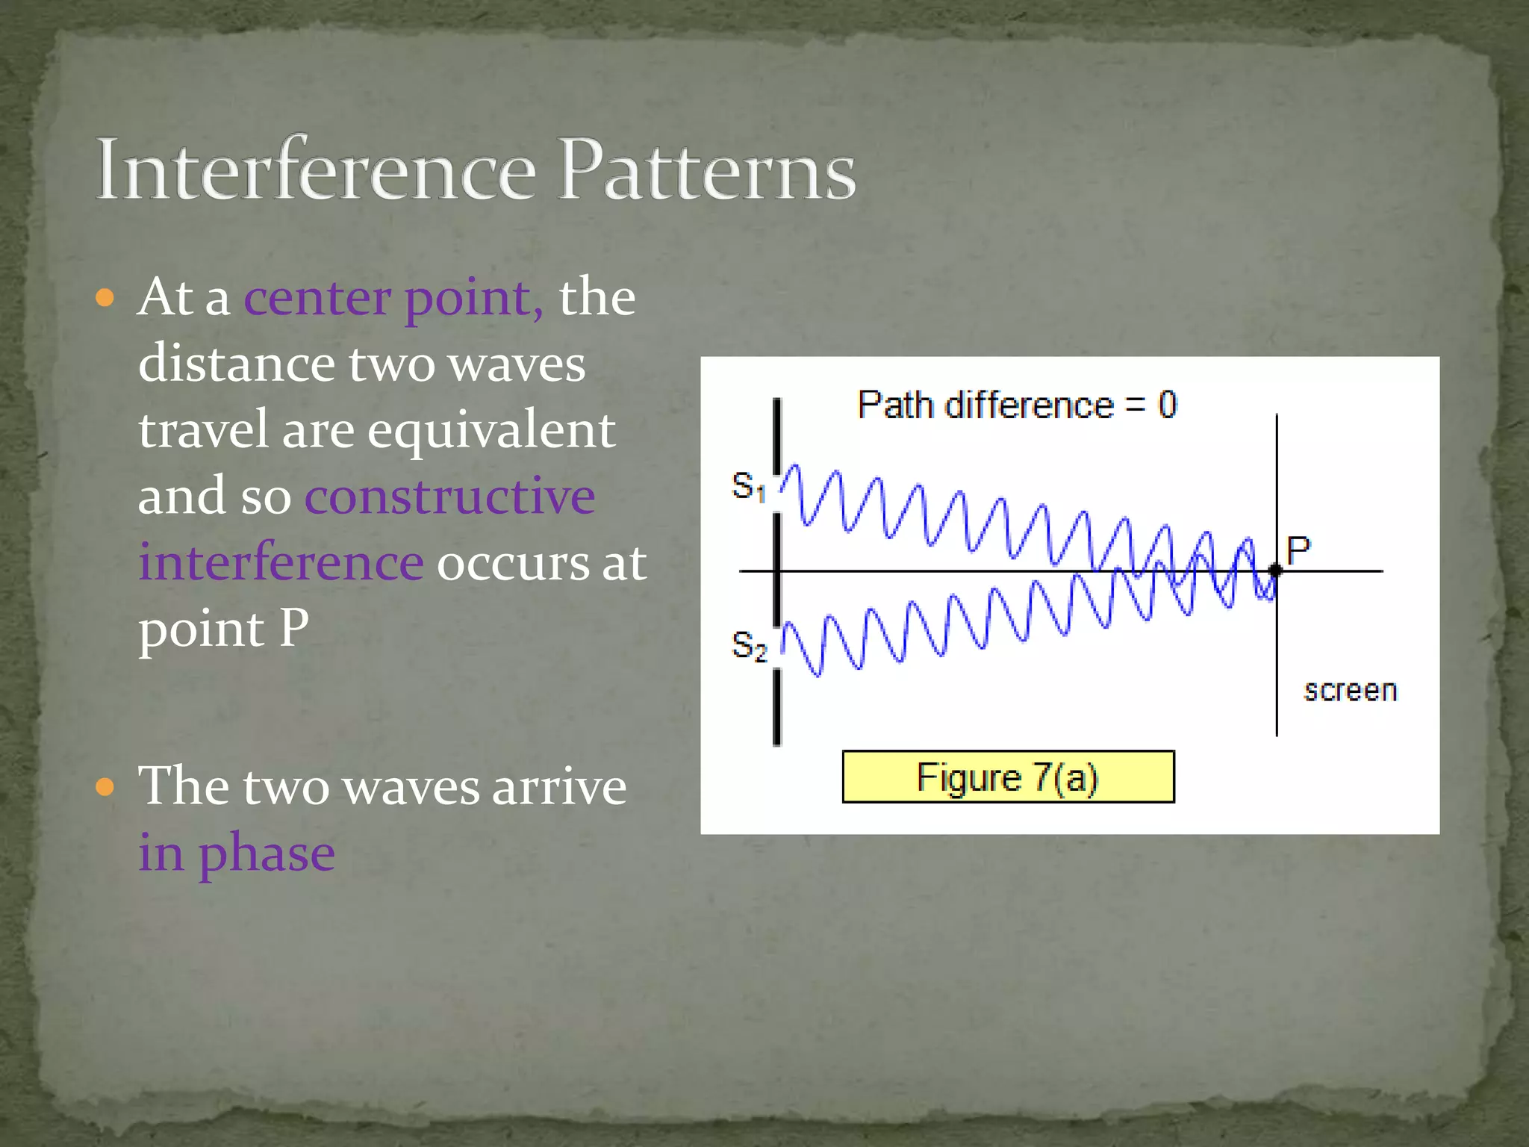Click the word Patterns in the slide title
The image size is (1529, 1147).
click(706, 170)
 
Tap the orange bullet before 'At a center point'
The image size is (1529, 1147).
click(105, 299)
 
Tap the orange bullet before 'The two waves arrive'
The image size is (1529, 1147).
click(105, 787)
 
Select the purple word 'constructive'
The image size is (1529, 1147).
click(449, 497)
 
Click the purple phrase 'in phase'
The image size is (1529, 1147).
click(237, 854)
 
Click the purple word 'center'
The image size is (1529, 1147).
click(317, 299)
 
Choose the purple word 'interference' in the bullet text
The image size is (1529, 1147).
click(281, 562)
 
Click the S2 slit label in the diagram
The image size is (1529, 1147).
click(749, 646)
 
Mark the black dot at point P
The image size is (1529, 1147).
click(1276, 571)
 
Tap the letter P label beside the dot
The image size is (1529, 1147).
click(1298, 551)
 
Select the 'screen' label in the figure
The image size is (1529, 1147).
click(1350, 691)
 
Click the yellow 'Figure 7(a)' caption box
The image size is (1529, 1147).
click(1008, 777)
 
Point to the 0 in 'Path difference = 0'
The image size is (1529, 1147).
click(1167, 405)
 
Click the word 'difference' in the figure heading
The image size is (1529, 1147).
click(1029, 405)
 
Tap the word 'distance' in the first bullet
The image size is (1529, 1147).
click(236, 364)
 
